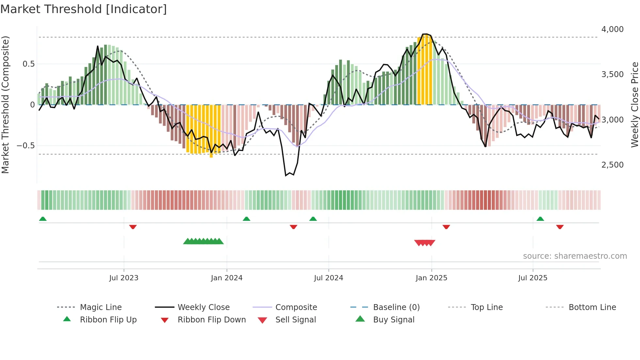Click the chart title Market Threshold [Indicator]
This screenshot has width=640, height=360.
(x=84, y=9)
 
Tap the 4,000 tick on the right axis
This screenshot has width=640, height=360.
(x=612, y=29)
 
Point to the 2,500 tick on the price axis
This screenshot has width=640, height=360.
(x=612, y=165)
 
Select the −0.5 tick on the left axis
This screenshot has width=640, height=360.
(x=25, y=146)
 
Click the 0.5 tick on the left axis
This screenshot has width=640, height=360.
(x=28, y=64)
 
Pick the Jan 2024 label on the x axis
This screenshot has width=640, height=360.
(x=227, y=278)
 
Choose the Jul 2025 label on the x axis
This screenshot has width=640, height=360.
(x=533, y=278)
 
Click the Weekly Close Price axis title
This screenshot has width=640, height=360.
(x=634, y=105)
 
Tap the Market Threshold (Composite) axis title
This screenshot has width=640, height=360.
(x=6, y=105)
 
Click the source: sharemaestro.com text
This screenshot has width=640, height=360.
(x=575, y=256)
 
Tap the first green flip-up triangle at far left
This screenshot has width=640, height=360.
(x=43, y=219)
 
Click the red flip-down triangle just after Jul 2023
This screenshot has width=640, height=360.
(x=133, y=227)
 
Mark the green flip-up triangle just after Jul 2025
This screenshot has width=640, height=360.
(x=540, y=219)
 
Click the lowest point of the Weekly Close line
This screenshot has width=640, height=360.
(x=286, y=176)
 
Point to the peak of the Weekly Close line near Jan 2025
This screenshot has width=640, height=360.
(x=424, y=34)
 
